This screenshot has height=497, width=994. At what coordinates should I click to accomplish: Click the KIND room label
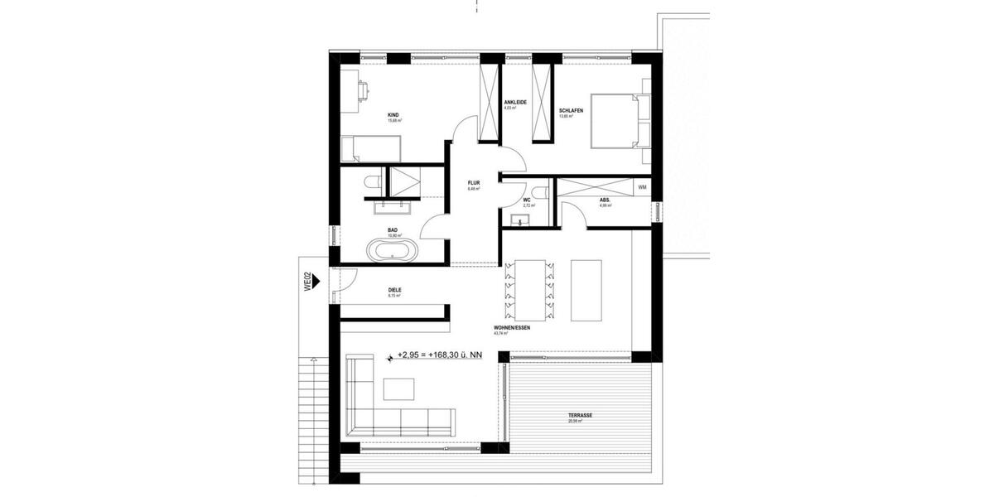click(393, 115)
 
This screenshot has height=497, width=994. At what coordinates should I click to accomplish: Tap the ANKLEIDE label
click(515, 103)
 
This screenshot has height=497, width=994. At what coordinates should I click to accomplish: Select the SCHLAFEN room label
click(571, 111)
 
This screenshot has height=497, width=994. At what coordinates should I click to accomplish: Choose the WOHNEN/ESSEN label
click(511, 328)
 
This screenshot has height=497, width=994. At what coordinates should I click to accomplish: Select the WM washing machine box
click(642, 188)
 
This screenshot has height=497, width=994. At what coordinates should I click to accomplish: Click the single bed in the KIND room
click(372, 150)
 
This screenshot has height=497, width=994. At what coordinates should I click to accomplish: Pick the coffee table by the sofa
click(399, 389)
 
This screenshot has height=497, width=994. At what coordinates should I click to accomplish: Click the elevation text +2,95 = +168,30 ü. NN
click(439, 355)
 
